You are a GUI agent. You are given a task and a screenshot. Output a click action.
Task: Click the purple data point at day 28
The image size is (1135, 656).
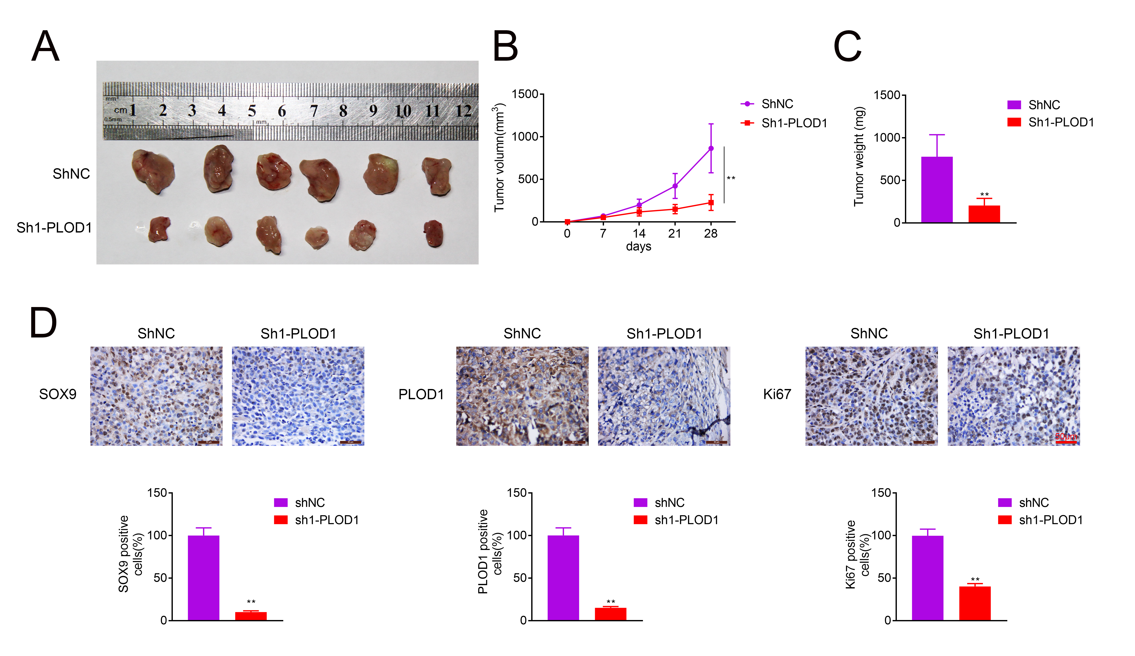point(711,148)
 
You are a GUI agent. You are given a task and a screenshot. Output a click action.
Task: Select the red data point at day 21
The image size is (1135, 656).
point(675,209)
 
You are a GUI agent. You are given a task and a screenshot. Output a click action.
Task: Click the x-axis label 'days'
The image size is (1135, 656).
point(638,246)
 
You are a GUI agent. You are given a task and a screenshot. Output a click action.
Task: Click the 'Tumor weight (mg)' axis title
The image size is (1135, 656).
point(859,156)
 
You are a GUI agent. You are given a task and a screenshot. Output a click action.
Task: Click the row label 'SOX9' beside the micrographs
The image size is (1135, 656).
point(58,394)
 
